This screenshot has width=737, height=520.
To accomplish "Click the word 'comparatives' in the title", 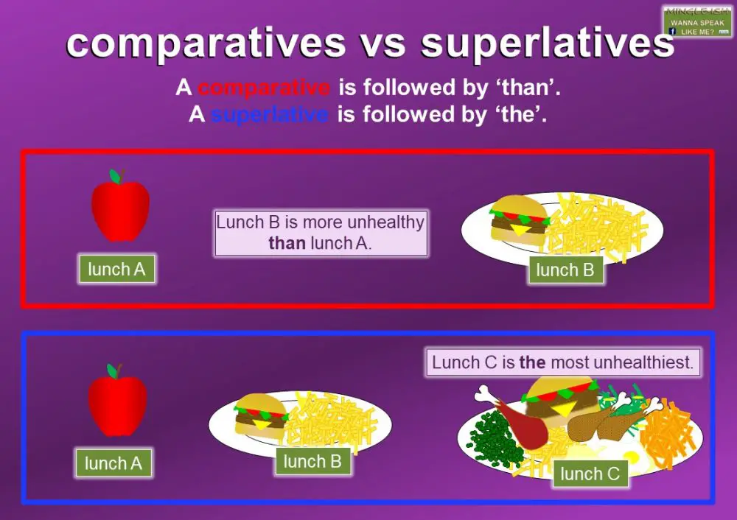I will click(x=206, y=44).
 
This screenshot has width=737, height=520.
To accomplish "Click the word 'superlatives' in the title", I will click(x=547, y=44).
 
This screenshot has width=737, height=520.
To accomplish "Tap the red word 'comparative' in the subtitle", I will click(x=264, y=88).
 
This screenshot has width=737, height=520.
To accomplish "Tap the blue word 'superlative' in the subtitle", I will click(x=269, y=116).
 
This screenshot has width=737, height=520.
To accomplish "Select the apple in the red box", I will click(x=120, y=209).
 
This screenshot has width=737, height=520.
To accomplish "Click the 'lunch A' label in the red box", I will click(x=116, y=270).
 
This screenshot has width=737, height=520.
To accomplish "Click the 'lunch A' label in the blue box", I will click(x=113, y=463).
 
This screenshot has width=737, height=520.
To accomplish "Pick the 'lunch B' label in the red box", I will click(x=565, y=270).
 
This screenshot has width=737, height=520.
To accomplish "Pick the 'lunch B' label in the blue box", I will click(x=312, y=462).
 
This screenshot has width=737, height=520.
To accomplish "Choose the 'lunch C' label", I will click(x=590, y=474).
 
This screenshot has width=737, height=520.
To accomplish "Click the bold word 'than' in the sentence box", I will click(x=287, y=243).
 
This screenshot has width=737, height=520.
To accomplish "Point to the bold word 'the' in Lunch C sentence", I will click(x=532, y=363).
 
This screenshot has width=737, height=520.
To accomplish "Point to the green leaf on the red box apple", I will click(x=114, y=177).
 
